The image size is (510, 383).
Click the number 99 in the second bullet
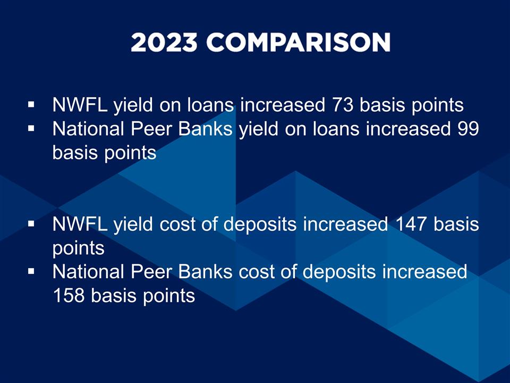tap(468, 129)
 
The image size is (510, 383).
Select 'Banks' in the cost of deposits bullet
tap(205, 272)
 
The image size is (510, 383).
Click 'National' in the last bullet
tap(88, 272)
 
